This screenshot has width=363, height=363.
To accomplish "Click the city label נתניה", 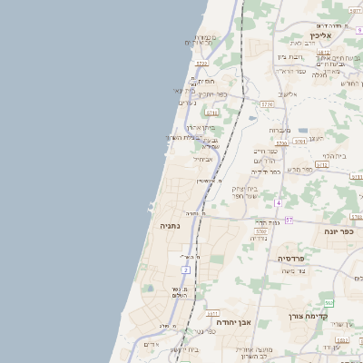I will [170, 224].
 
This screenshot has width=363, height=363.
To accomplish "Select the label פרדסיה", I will [297, 259].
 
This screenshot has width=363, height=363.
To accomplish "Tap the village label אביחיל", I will [203, 158].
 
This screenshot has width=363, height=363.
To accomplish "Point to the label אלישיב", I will [289, 94].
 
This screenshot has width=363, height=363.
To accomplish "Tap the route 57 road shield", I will [289, 220].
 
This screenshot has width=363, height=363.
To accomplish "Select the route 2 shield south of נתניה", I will [185, 270].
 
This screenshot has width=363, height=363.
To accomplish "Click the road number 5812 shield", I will [324, 53].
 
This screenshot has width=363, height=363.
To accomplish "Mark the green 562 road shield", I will [329, 302].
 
